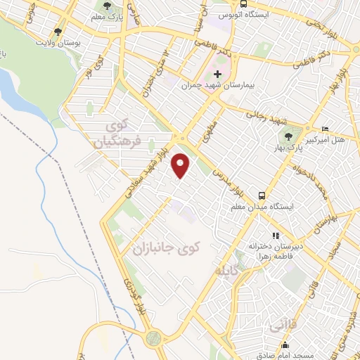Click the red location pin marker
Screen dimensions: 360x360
point(181,166)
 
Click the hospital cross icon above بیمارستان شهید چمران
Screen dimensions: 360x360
point(217,74)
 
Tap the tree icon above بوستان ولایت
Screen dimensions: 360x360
point(58,32)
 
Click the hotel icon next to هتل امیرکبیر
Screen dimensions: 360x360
point(323,129)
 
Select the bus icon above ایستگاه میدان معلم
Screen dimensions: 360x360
point(262,195)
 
